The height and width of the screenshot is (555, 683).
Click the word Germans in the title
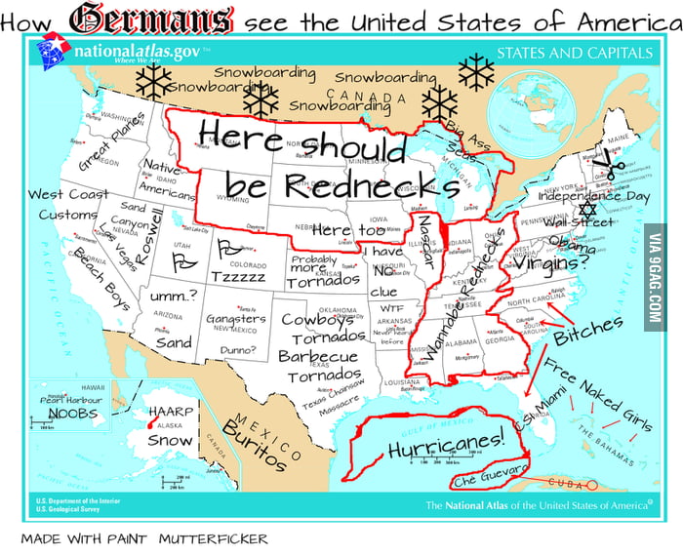(x=150, y=19)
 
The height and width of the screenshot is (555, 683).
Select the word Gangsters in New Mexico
(x=235, y=319)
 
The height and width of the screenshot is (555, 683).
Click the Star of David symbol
(x=586, y=210)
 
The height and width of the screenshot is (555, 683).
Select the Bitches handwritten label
(x=586, y=337)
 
